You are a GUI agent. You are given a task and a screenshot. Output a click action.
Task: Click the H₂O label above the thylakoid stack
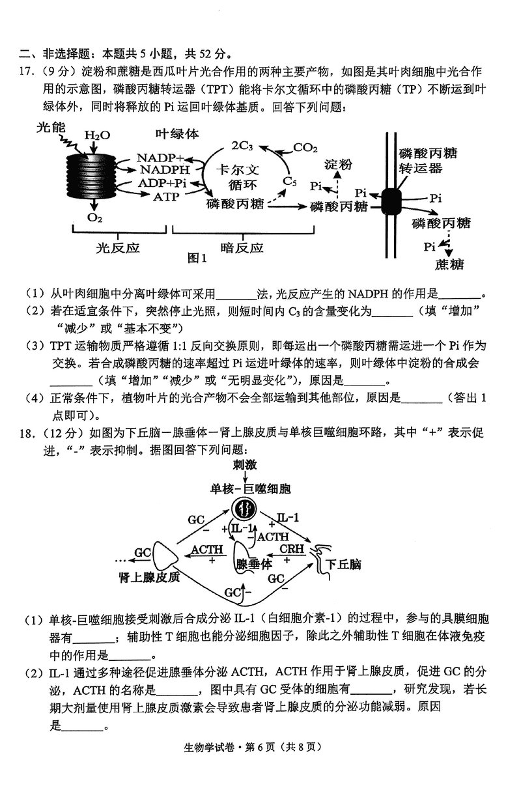pos(97,135)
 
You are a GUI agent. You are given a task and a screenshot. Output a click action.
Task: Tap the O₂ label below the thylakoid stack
pos(96,217)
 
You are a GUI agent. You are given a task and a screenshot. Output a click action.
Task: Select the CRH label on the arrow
pos(292,548)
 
